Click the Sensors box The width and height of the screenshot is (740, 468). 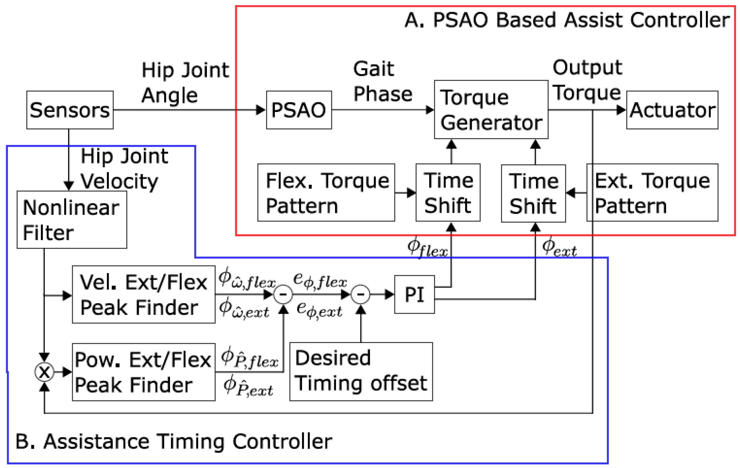pos(70,110)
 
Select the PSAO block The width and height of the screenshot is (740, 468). pos(299,110)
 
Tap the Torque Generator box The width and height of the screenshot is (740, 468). pos(491,110)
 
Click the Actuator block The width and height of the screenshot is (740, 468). pos(672,110)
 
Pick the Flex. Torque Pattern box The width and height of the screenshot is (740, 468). pos(326,193)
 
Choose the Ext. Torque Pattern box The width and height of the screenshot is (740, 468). pos(652,193)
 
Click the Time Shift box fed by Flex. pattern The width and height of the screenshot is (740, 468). pos(448,193)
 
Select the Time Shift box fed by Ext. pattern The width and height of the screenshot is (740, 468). pos(533,193)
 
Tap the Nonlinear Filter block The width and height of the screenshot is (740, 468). pos(72,220)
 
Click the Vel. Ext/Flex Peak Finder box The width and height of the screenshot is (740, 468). pos(143,294)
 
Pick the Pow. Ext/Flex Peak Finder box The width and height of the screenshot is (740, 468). pos(143,372)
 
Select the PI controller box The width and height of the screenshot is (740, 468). pos(414,294)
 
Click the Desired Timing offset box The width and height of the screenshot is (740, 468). pos(361,372)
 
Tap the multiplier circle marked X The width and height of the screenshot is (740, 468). pos(44,372)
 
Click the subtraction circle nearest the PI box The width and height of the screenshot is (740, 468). pos(361,294)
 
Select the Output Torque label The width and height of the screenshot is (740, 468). pos(587,80)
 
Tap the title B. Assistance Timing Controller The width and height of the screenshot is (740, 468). pos(174,442)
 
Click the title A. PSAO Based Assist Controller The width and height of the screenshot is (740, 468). pos(567,20)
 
